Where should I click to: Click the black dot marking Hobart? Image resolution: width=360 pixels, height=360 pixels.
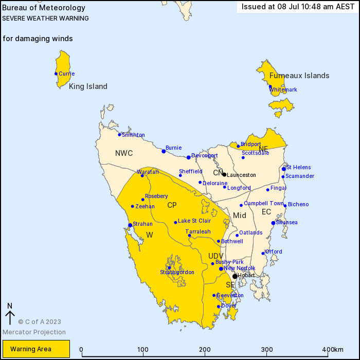[x=235, y=276]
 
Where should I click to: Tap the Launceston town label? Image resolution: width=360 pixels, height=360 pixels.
[x=241, y=175]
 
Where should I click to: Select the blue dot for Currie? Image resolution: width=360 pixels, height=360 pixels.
[x=56, y=74]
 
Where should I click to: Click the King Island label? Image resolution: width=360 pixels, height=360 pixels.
[x=88, y=86]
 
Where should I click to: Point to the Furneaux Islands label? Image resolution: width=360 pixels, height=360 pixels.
[x=299, y=76]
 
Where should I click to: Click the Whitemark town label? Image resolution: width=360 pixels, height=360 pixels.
[x=283, y=90]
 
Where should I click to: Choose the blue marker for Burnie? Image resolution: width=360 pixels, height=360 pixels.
[x=164, y=151]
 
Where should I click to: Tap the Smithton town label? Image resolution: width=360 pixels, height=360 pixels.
[x=133, y=135]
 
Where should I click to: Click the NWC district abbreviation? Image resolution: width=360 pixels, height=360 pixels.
[x=124, y=153]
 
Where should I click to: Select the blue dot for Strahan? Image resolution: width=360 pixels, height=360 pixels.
[x=130, y=225]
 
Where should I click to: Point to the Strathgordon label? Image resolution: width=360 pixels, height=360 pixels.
[x=177, y=272]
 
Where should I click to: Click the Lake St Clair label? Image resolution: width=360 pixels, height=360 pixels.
[x=194, y=221]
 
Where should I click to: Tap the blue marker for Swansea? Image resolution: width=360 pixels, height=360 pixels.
[x=273, y=223]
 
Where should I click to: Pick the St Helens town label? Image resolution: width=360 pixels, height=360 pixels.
[x=298, y=167]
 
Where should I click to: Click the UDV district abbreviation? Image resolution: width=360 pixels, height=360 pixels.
[x=215, y=256]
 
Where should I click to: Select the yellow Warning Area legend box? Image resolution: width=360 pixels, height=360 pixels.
[x=35, y=349]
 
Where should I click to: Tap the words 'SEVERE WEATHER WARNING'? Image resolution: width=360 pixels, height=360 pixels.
[x=45, y=18]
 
